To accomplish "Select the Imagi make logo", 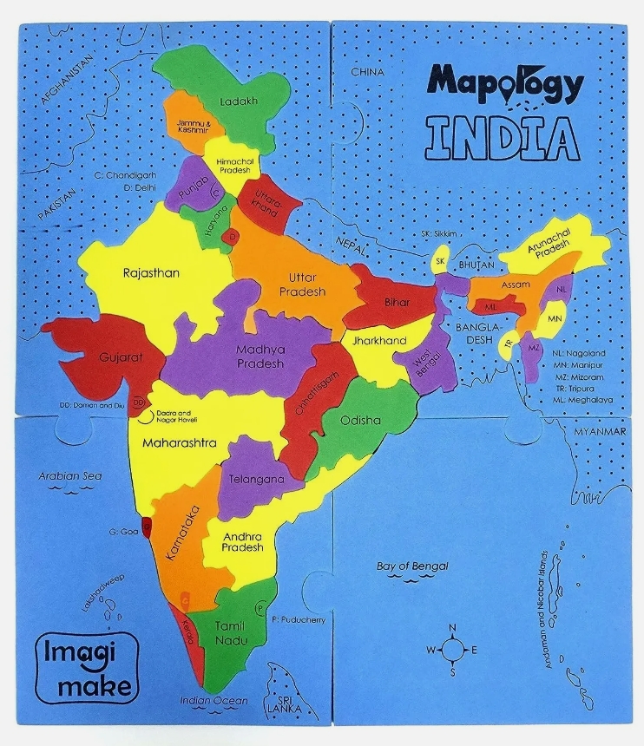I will coord(86,667).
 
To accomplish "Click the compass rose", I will coord(452,649).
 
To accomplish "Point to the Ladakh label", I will coord(239,101).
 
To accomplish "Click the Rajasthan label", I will coord(151,272).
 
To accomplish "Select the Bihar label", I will coord(397,303).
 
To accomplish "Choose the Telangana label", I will coord(256,479).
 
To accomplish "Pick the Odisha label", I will coord(360,421).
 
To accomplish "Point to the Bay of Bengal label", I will coord(412,566).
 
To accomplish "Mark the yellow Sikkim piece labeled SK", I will coord(440,260).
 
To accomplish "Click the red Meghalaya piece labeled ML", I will coord(490,306).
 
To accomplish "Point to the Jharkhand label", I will coord(378,341).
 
